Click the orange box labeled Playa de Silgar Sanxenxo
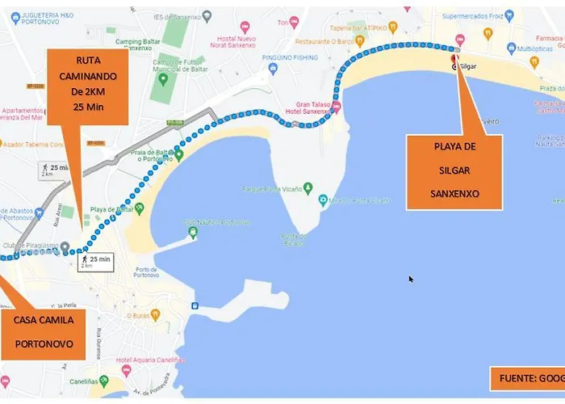[x=455, y=171]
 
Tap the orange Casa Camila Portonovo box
[x=44, y=331]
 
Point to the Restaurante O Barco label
[x=324, y=40]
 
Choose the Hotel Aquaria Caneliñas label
[x=153, y=360]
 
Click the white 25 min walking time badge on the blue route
[x=94, y=260]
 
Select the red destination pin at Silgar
[x=454, y=58]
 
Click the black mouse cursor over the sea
[x=411, y=280]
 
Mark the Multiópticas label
[x=534, y=48]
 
